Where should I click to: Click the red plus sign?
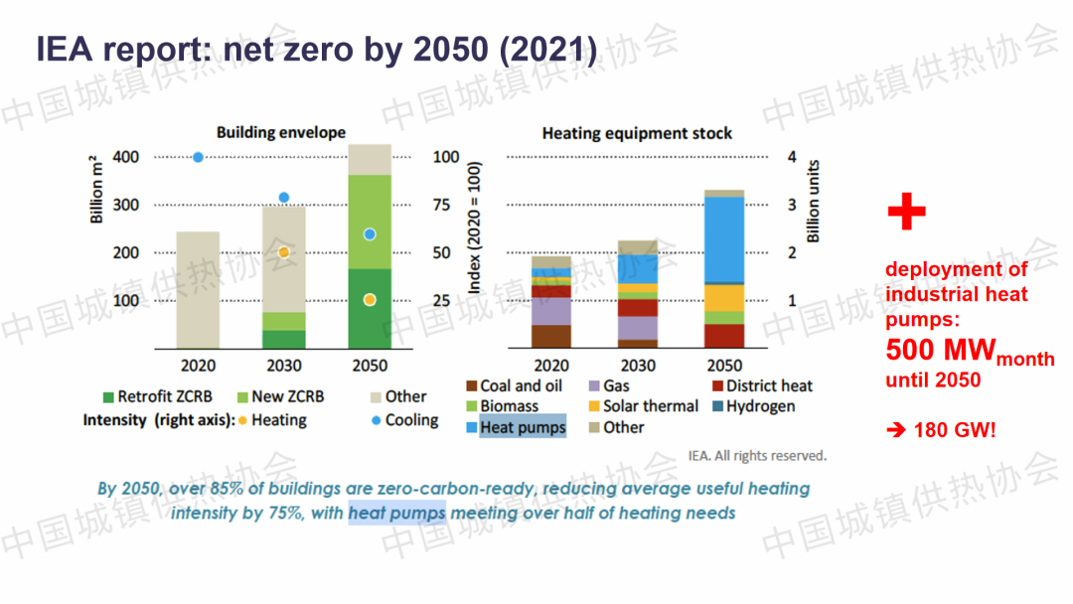905,213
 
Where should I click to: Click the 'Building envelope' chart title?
281,132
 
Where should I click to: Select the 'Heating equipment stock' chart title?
637,133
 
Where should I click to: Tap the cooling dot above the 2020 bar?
198,157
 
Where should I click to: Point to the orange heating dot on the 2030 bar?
283,252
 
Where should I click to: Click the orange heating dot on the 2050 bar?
370,300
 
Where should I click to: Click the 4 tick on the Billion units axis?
792,157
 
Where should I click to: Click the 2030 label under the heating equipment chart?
637,366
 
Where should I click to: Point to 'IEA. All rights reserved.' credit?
756,455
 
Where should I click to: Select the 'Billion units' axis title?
815,201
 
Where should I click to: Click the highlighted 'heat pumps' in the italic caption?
396,513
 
